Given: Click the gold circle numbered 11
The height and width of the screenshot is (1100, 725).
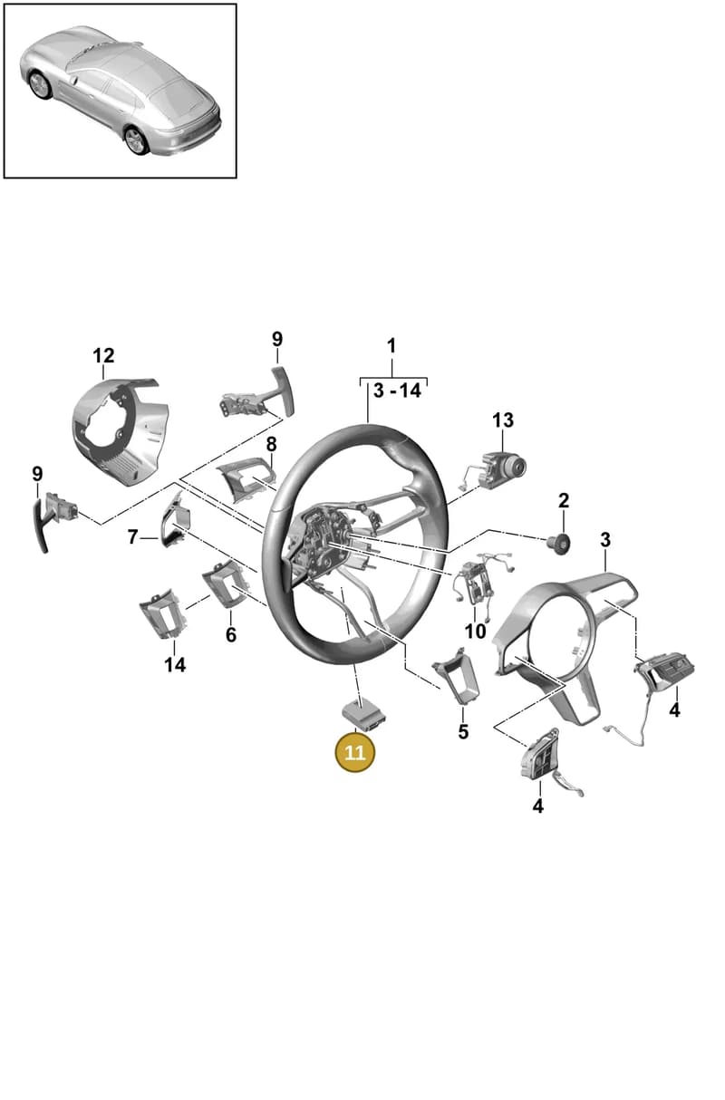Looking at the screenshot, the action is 354,752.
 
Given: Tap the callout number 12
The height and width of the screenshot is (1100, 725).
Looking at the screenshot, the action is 103,355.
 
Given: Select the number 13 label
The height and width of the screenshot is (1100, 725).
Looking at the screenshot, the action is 503,420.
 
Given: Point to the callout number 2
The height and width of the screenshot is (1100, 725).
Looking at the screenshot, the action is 564,500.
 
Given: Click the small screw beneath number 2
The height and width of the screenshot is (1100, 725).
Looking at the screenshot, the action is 559,544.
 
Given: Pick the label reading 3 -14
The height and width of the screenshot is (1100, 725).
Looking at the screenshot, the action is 397,391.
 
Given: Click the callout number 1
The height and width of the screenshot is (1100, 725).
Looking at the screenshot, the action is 391,346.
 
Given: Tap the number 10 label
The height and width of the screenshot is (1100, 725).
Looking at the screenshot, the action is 475,632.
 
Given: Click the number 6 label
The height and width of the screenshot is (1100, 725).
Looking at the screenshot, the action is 231,635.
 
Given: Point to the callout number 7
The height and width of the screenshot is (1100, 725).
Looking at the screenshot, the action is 132,537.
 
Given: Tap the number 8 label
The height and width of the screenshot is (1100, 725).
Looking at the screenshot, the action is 271,444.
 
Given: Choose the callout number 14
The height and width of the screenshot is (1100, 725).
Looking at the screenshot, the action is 175,665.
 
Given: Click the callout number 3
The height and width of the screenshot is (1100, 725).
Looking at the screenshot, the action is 605,540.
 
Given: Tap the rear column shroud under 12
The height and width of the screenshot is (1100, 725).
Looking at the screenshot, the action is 120,430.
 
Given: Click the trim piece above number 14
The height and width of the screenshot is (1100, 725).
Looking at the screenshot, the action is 163,613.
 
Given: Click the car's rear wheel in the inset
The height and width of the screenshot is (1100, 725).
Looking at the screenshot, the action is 136,140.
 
